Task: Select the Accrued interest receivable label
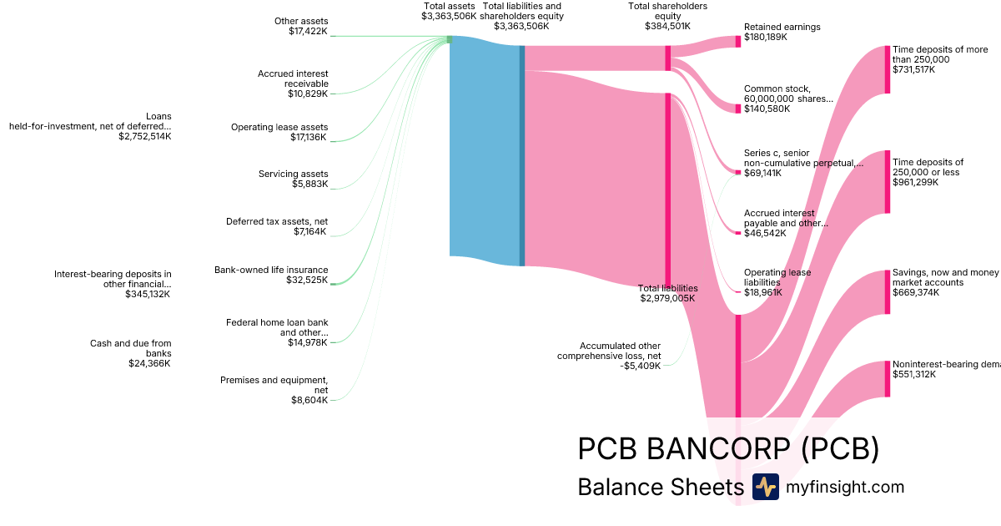pyautogui.click(x=293, y=78)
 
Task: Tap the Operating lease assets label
pyautogui.click(x=279, y=127)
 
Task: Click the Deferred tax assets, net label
pyautogui.click(x=277, y=221)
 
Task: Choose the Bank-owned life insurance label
pyautogui.click(x=271, y=270)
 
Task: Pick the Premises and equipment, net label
pyautogui.click(x=274, y=385)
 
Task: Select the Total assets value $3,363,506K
pyautogui.click(x=449, y=16)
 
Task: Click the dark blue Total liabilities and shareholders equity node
pyautogui.click(x=522, y=155)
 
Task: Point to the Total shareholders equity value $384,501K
pyautogui.click(x=667, y=26)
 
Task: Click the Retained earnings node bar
pyautogui.click(x=737, y=41)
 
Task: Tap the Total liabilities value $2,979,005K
pyautogui.click(x=667, y=298)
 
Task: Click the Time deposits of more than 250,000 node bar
pyautogui.click(x=887, y=69)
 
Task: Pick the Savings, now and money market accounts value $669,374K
pyautogui.click(x=914, y=292)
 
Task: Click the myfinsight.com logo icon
pyautogui.click(x=765, y=487)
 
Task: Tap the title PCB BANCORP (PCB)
pyautogui.click(x=728, y=449)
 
